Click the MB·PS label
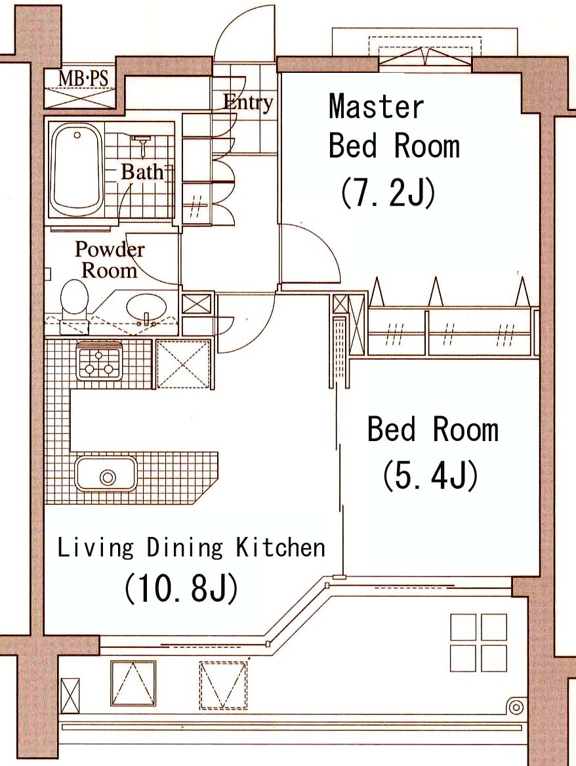click(83, 79)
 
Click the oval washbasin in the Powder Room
click(146, 309)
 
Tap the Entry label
click(247, 102)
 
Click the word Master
click(377, 106)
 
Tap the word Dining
click(184, 548)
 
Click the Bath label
click(142, 171)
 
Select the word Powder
click(110, 249)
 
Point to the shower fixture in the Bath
click(142, 145)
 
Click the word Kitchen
click(281, 547)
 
